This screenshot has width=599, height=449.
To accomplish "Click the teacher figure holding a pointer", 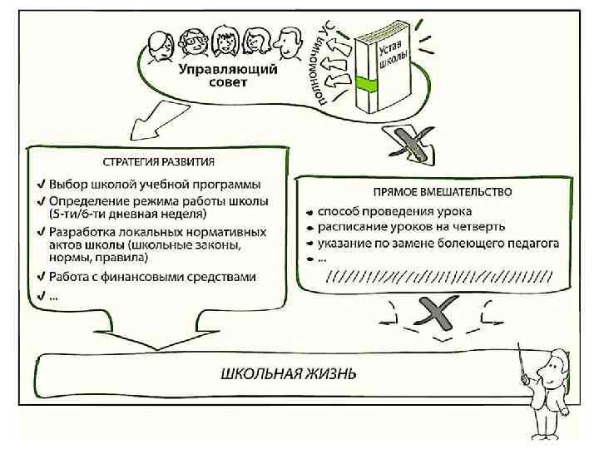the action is (547, 391).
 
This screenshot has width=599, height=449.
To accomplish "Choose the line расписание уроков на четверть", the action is (416, 227).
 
